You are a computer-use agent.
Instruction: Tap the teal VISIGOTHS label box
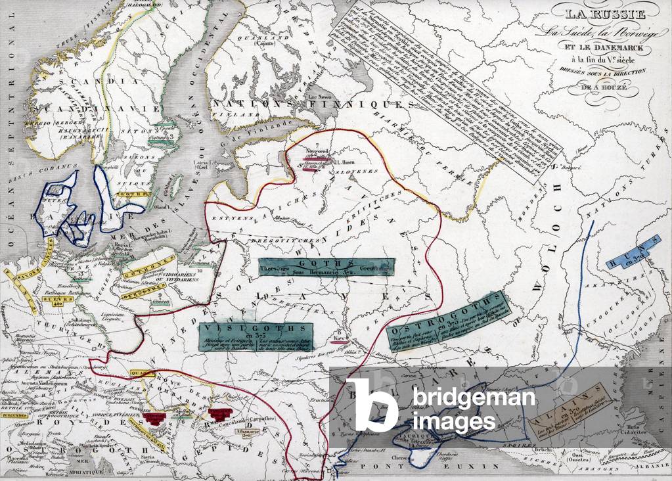click(255, 336)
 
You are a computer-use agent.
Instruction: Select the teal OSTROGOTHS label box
click(449, 321)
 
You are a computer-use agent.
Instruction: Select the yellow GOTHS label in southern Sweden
click(127, 195)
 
